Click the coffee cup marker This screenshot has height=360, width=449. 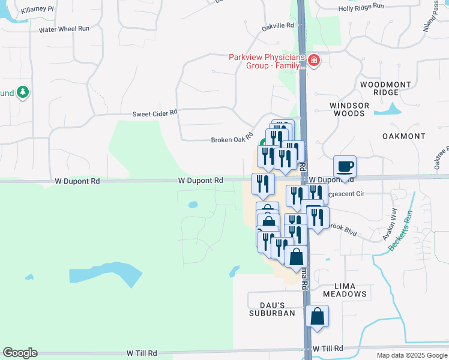click(345, 166)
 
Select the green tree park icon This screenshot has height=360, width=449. click(23, 92)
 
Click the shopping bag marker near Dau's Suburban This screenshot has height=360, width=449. click(317, 316)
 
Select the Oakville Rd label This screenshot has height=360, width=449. click(278, 26)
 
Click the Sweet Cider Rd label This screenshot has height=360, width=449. click(155, 113)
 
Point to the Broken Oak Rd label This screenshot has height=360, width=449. click(232, 140)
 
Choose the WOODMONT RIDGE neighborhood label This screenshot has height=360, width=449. click(379, 88)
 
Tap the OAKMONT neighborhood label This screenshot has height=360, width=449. click(403, 136)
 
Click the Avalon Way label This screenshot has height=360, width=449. click(390, 224)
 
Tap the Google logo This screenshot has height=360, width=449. click(20, 353)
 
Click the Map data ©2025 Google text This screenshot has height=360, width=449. click(411, 355)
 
